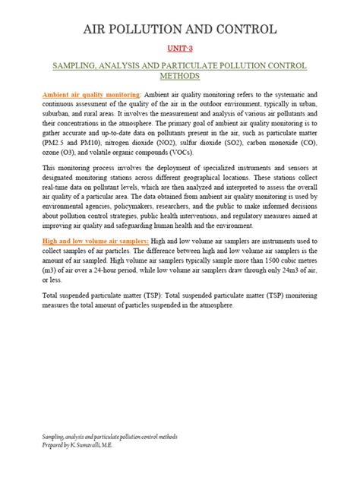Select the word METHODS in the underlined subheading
tap(180, 77)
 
